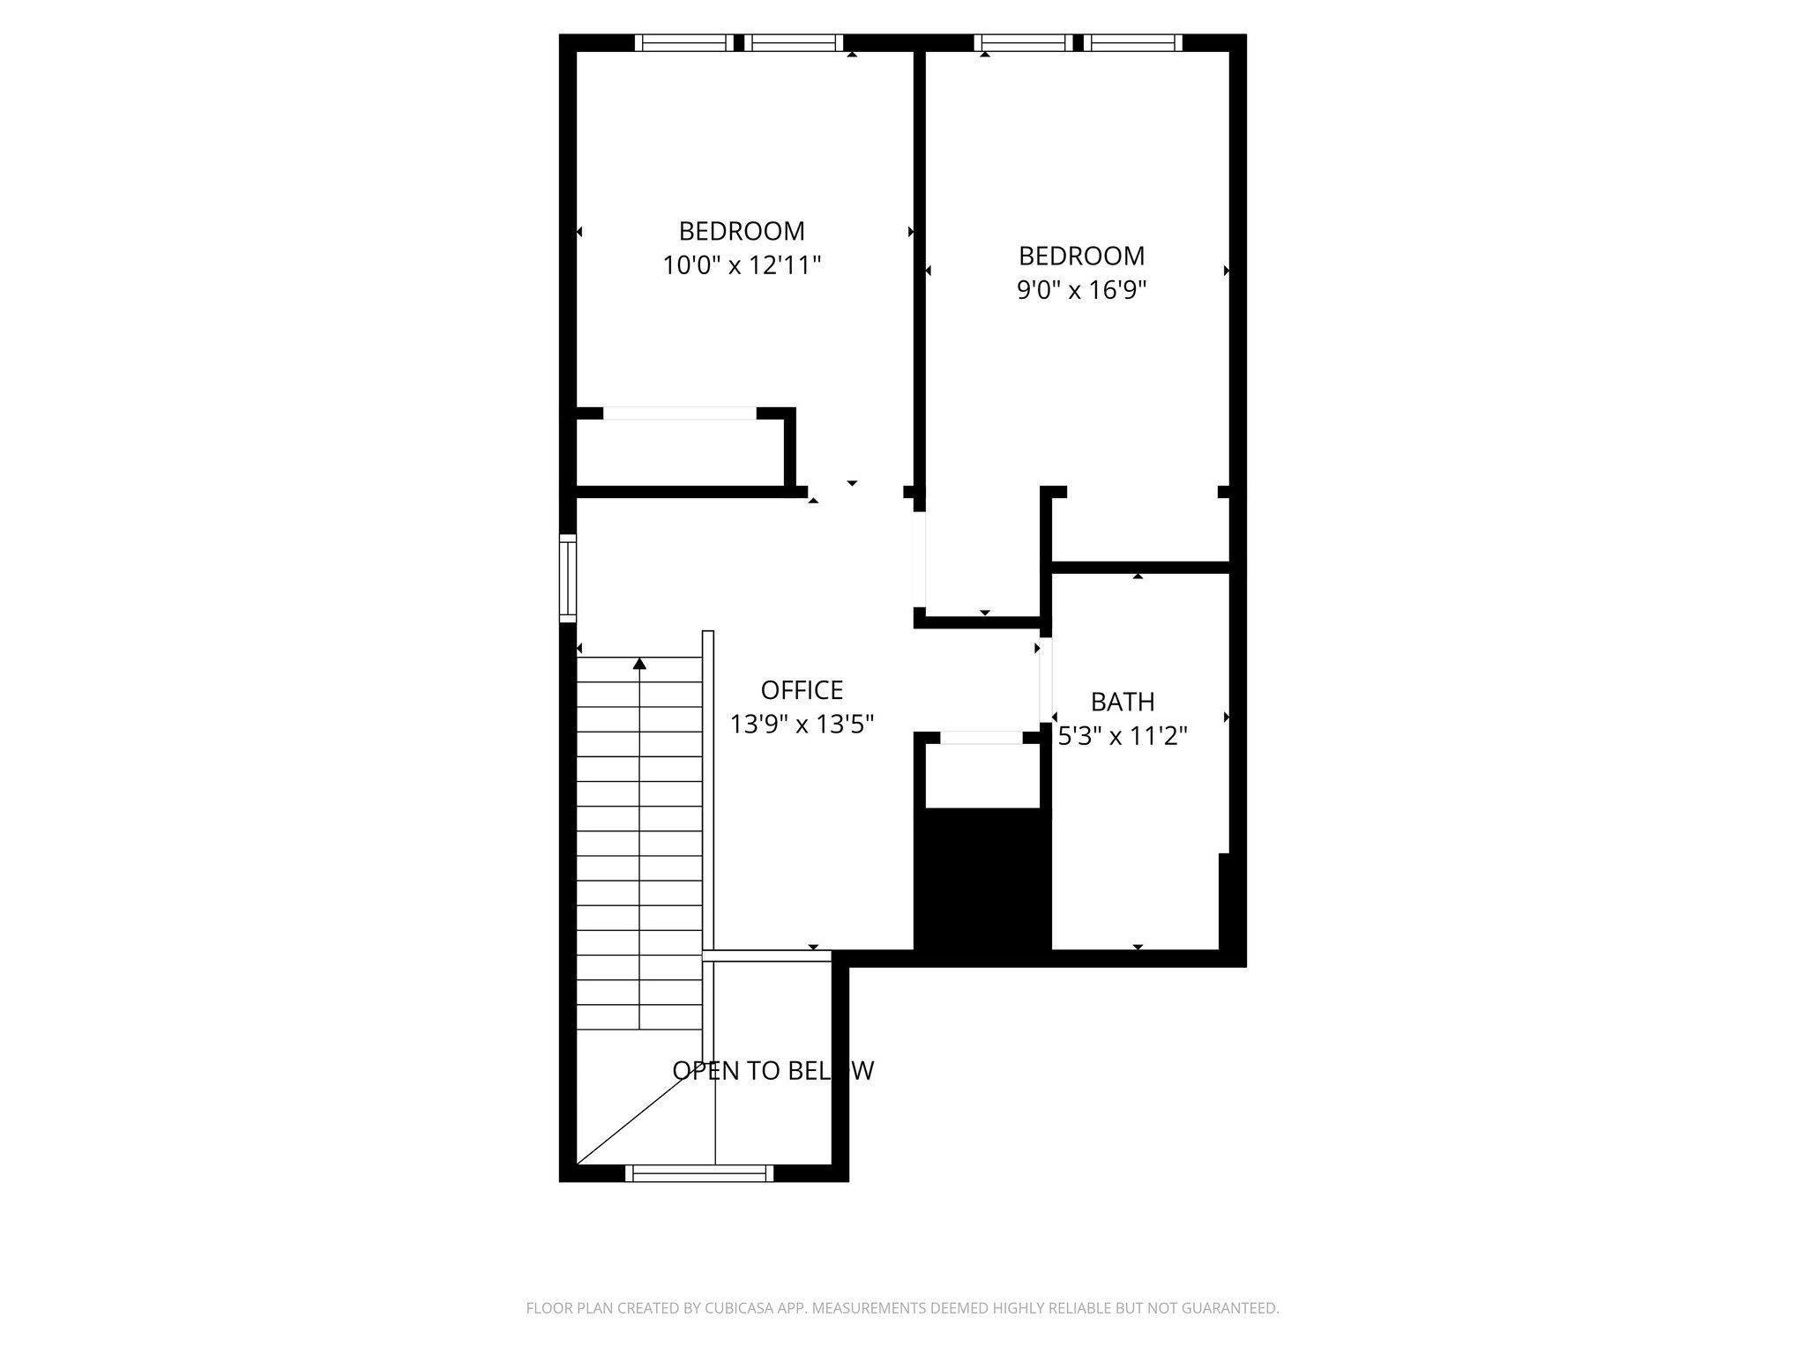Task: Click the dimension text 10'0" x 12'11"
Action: (x=742, y=265)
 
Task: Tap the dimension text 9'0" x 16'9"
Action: (x=1081, y=290)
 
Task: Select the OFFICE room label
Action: (x=802, y=689)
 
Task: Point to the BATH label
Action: (x=1122, y=702)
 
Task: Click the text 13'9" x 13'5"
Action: (x=802, y=725)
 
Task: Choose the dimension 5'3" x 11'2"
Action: (x=1122, y=736)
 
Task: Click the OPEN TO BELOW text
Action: (x=772, y=1070)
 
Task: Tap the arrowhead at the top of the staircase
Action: (x=639, y=663)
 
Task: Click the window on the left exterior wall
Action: (x=568, y=578)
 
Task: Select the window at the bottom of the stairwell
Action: (x=698, y=1173)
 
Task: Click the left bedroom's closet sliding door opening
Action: (x=679, y=413)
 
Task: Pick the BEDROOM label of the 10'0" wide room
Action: (x=742, y=231)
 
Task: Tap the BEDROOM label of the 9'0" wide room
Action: (x=1081, y=256)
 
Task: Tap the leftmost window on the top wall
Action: (x=683, y=42)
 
